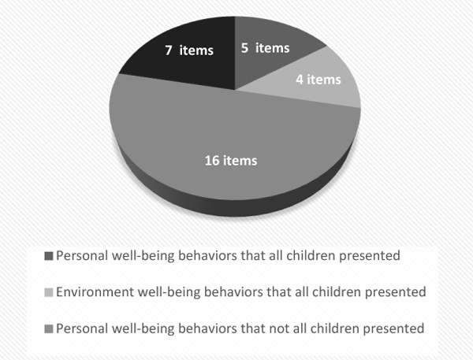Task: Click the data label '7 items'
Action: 189,50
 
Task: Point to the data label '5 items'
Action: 265,47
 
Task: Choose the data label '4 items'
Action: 318,80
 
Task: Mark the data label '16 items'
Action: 231,161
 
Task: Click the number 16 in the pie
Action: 212,161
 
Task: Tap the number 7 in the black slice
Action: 169,50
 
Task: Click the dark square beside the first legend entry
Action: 49,256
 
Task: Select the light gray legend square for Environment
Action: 49,292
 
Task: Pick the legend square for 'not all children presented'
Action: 49,328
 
